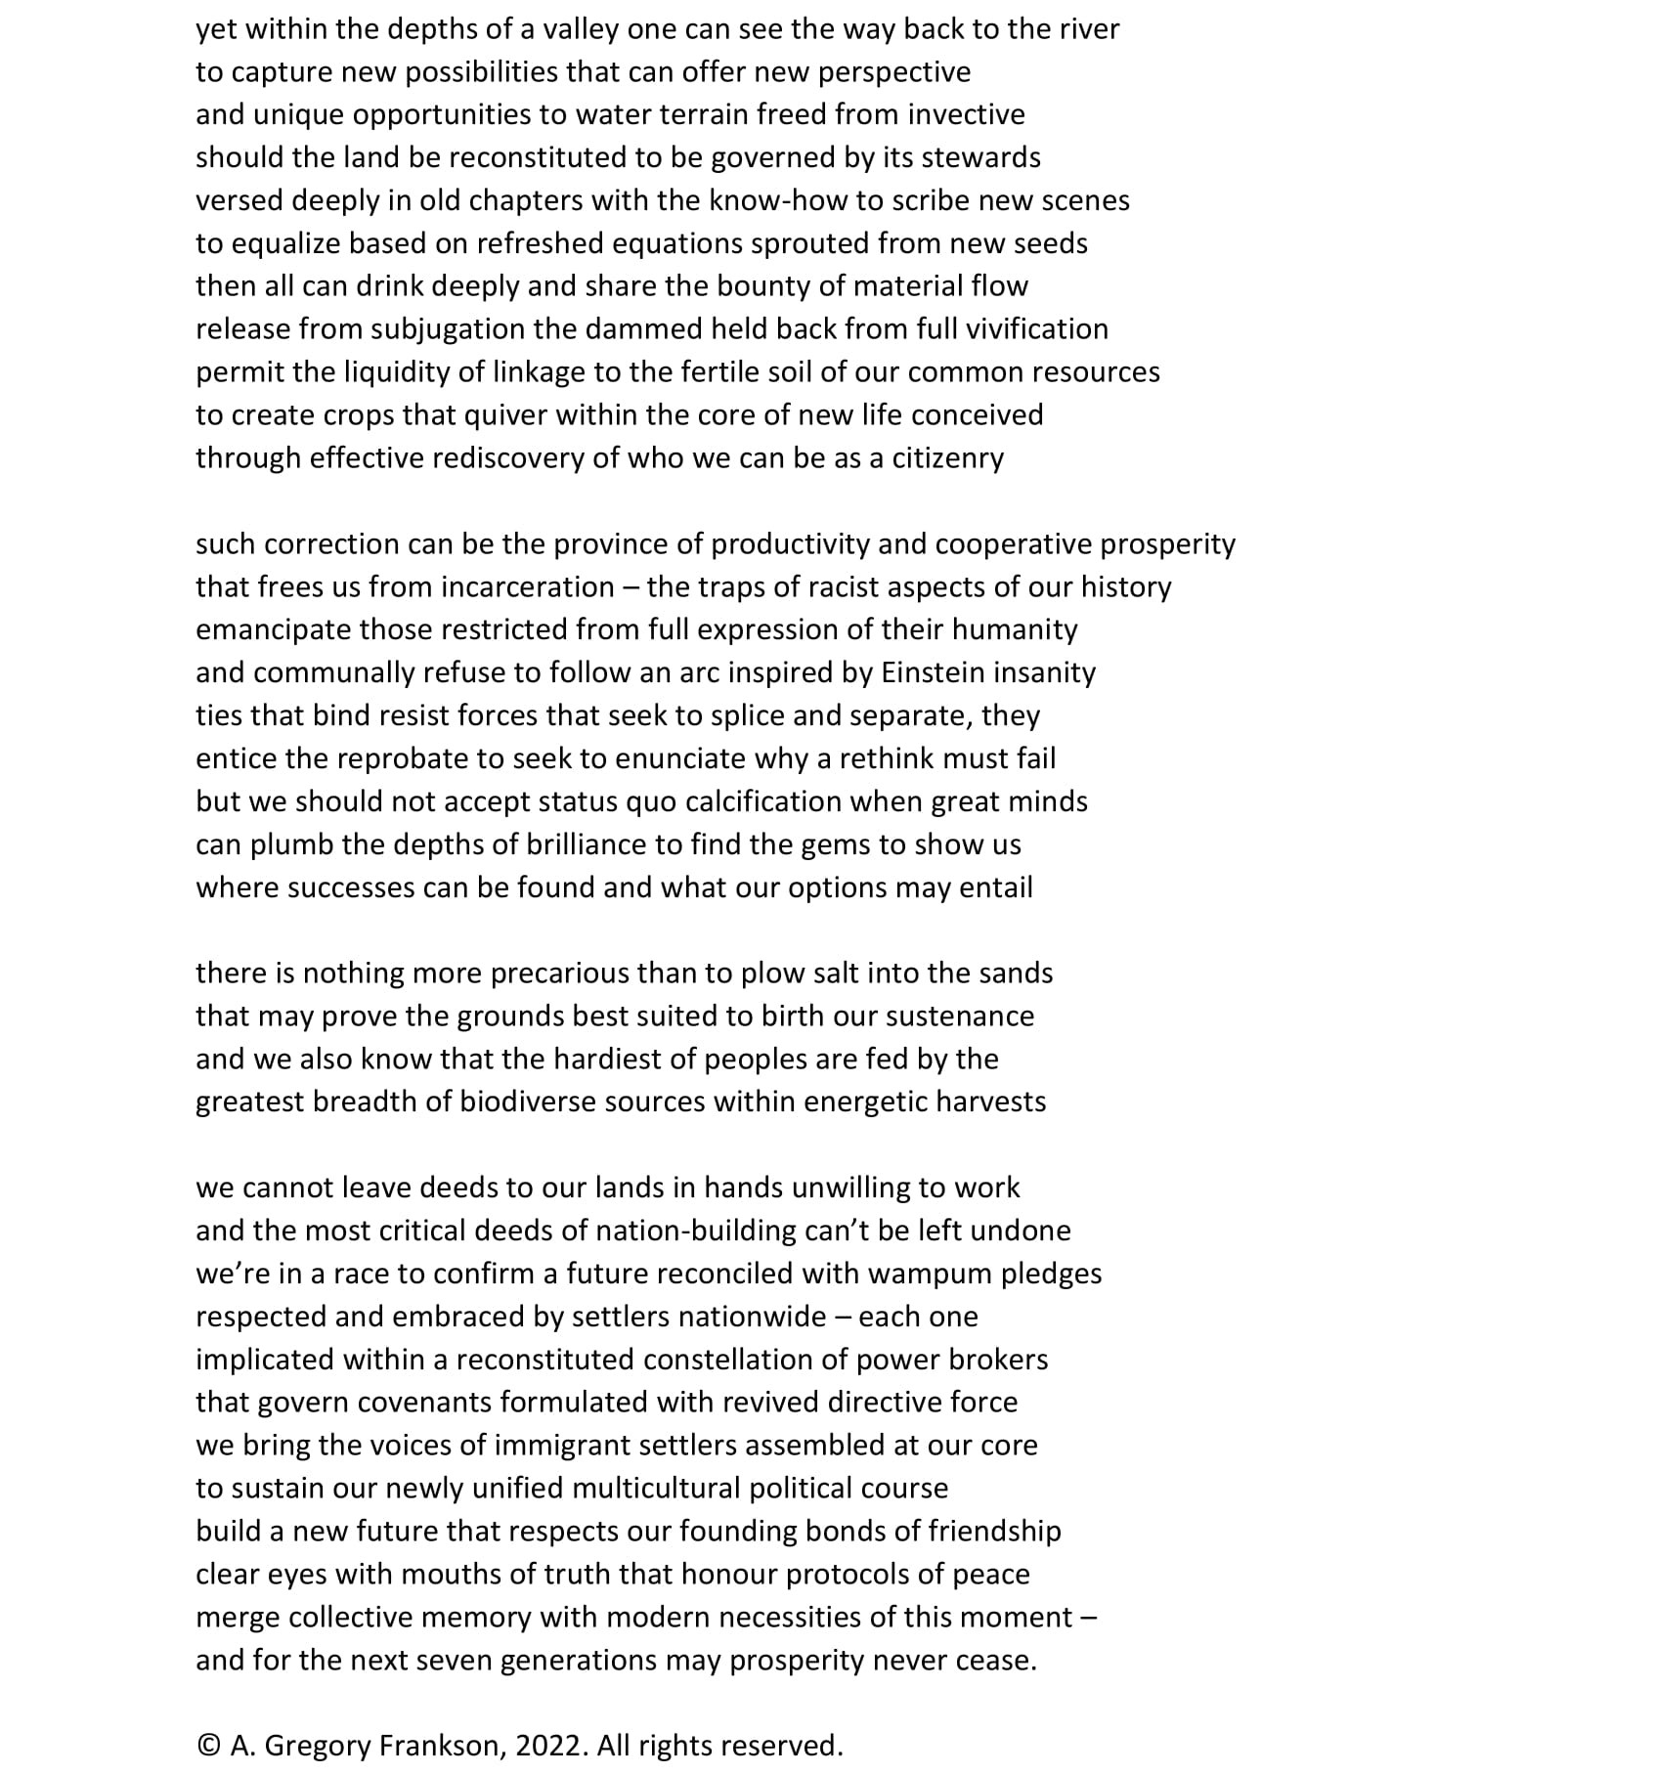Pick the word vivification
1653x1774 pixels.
click(x=1036, y=328)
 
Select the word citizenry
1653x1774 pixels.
click(x=947, y=458)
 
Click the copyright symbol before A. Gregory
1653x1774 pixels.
click(x=208, y=1747)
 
